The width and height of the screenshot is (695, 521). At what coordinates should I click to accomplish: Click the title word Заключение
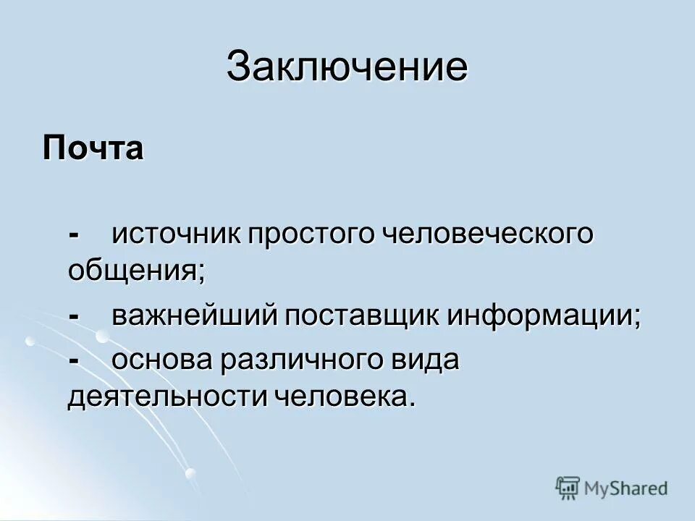(x=347, y=68)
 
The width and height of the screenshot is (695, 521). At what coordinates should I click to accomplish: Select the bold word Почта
(x=93, y=149)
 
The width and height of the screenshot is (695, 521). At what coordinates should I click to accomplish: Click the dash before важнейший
(x=74, y=318)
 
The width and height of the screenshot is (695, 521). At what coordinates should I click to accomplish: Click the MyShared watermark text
(x=626, y=488)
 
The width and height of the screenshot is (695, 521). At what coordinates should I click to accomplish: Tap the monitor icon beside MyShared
(x=568, y=488)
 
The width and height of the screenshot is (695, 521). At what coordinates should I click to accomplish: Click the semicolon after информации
(x=638, y=321)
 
